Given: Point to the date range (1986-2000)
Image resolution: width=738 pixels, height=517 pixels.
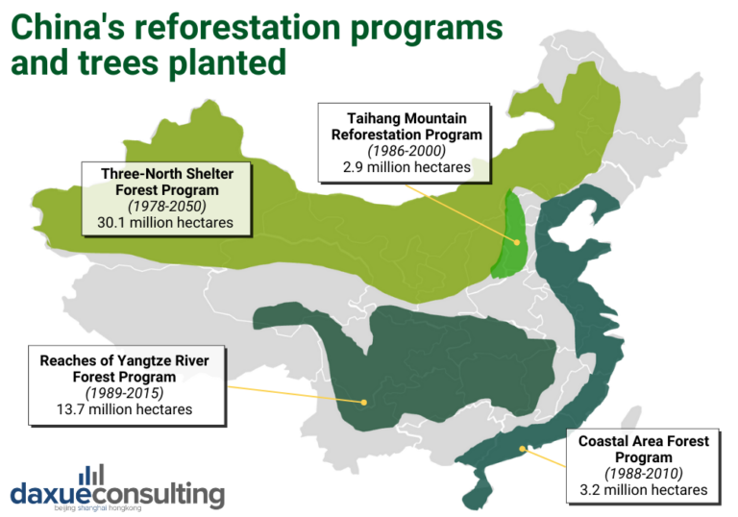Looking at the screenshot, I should (x=406, y=151).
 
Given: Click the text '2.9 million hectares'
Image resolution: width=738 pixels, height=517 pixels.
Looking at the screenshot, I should (x=406, y=167).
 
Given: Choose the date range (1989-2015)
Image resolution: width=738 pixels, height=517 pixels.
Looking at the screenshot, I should (x=125, y=393).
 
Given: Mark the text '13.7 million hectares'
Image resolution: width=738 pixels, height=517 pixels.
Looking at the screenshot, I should (x=125, y=409).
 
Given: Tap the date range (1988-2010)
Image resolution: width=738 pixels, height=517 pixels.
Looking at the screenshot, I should (x=643, y=474).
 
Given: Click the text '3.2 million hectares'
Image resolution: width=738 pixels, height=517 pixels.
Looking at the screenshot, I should (x=643, y=490).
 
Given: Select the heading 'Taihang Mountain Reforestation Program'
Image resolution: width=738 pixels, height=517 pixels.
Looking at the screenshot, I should (x=406, y=126).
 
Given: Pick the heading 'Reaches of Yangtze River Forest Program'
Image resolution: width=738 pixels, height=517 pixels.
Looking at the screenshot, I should (x=125, y=368).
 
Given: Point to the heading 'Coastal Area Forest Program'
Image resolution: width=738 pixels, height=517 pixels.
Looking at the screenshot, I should (x=643, y=449).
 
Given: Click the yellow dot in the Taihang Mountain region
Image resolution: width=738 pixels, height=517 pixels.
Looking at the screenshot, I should (x=516, y=243).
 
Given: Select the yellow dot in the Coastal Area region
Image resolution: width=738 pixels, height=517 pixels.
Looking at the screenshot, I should (x=521, y=449).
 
